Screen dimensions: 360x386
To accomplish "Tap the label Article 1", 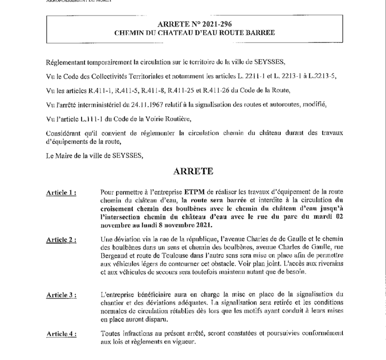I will click(61, 194).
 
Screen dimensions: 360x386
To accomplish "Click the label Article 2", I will click(61, 241).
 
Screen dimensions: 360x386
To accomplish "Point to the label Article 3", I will click(61, 295).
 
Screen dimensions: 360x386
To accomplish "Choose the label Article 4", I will click(61, 334).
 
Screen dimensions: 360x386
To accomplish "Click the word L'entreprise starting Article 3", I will click(120, 294).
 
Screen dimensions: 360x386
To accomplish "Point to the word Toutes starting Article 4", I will click(110, 333).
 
